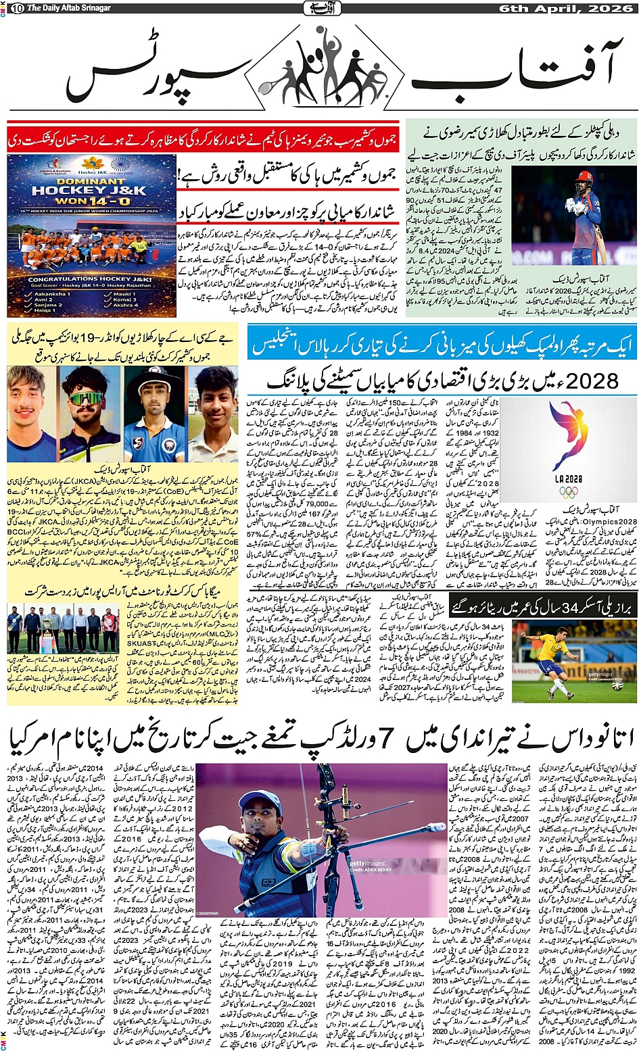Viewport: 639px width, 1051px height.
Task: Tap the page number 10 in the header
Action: click(x=17, y=7)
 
